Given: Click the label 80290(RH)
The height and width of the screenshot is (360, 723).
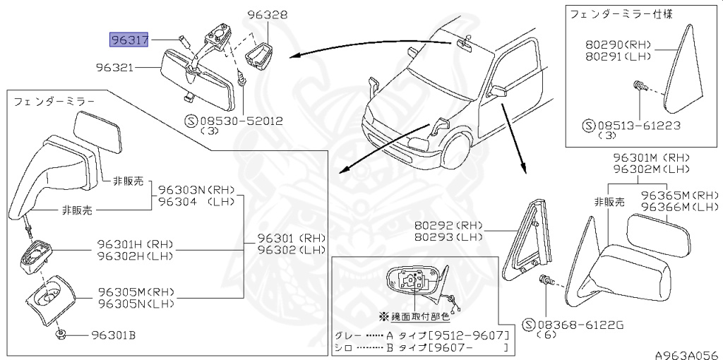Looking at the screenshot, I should [616, 43].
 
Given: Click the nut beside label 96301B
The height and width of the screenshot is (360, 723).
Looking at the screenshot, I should [61, 335].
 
